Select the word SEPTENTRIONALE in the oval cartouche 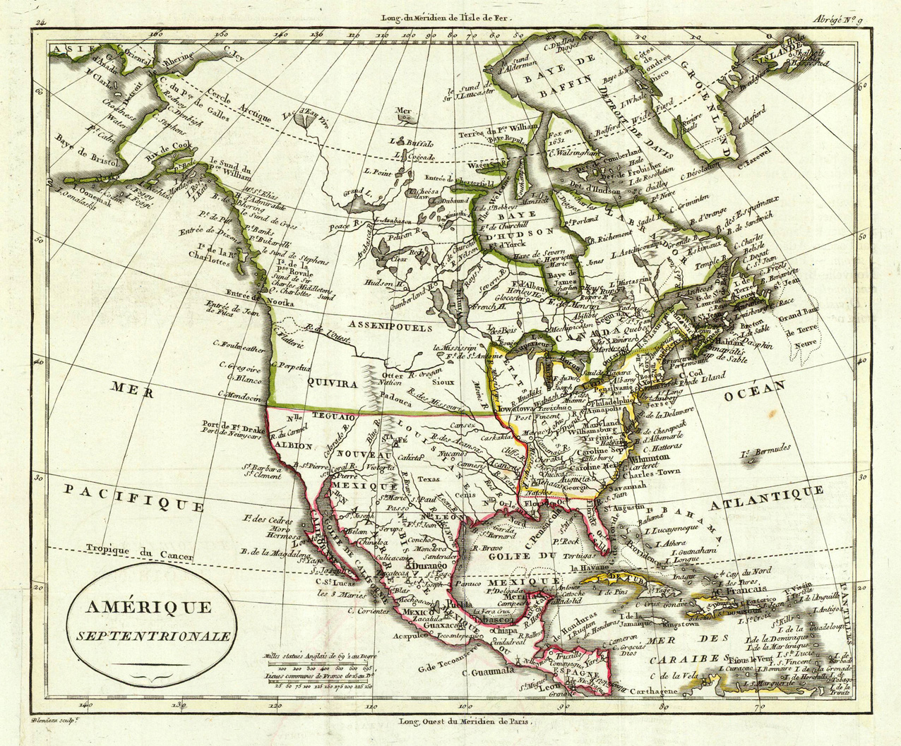pyautogui.click(x=153, y=635)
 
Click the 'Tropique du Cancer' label pyautogui.click(x=139, y=551)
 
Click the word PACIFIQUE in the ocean pyautogui.click(x=133, y=497)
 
